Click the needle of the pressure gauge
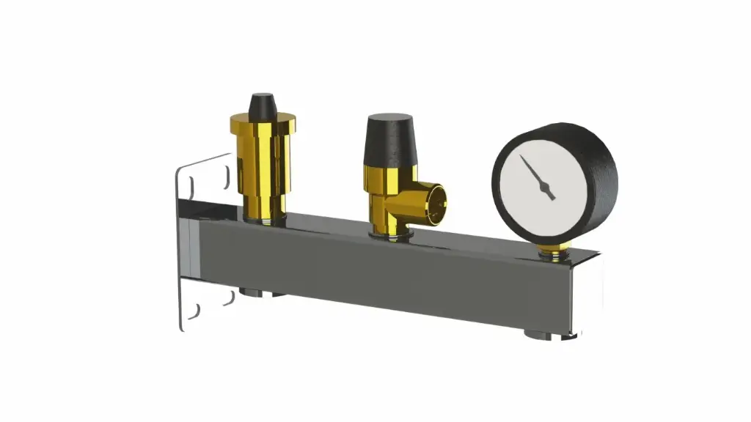tap(534, 173)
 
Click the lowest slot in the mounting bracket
tap(192, 313)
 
